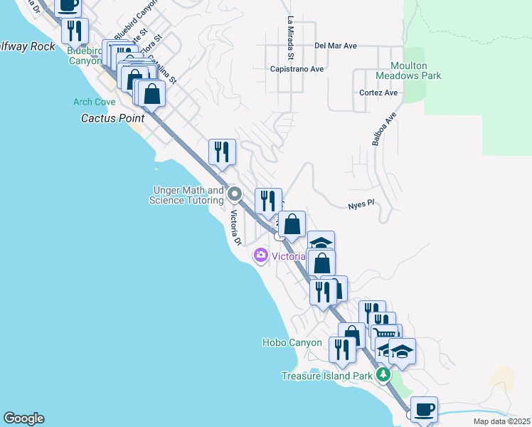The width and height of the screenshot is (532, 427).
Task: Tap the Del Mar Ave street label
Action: coord(336,46)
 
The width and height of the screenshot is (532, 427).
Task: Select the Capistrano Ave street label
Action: coord(297,69)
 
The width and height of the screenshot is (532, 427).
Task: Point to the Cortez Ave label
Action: coord(378,93)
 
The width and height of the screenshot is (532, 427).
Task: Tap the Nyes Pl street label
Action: coord(361,204)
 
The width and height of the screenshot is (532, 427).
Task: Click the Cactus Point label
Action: coord(112,118)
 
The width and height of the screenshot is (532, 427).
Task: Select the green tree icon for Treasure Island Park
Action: coord(383,374)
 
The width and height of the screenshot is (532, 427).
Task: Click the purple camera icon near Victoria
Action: coord(261,255)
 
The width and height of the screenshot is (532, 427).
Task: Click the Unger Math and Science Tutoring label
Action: coord(186,195)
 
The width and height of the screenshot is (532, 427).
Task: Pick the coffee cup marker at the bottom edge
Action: coord(424,410)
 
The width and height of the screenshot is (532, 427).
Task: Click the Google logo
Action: coord(23,418)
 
